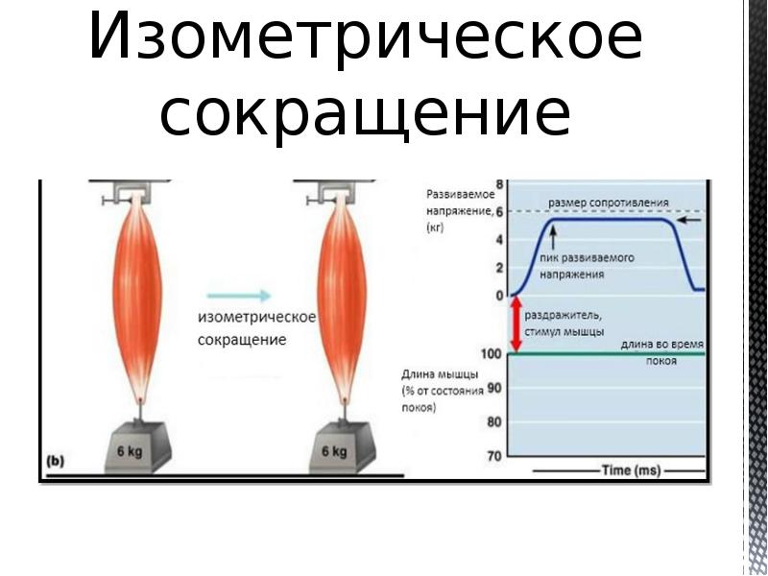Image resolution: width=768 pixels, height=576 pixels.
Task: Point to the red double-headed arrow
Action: (516, 324)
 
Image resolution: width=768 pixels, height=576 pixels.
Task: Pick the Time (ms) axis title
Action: (629, 470)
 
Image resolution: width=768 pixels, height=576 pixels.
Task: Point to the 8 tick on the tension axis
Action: (497, 183)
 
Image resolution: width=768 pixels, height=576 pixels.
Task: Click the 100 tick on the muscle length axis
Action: (491, 354)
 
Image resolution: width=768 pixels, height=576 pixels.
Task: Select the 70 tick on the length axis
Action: (494, 456)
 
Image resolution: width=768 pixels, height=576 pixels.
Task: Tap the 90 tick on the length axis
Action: (494, 388)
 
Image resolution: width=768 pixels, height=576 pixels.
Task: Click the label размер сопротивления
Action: (609, 204)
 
